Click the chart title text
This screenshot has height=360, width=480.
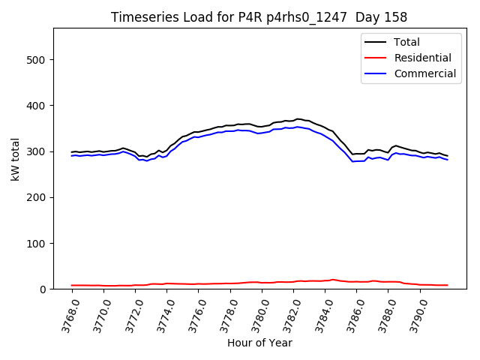coord(259,16)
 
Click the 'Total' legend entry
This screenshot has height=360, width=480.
coord(406,42)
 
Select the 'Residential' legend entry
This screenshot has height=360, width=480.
coord(422,58)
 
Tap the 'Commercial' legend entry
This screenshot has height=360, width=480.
coord(424,73)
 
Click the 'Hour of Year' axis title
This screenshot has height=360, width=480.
coord(259,343)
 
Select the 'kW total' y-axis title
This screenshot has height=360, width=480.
coord(15,159)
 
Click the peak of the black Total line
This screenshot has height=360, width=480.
coord(298,118)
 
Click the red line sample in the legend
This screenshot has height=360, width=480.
coord(376,58)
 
